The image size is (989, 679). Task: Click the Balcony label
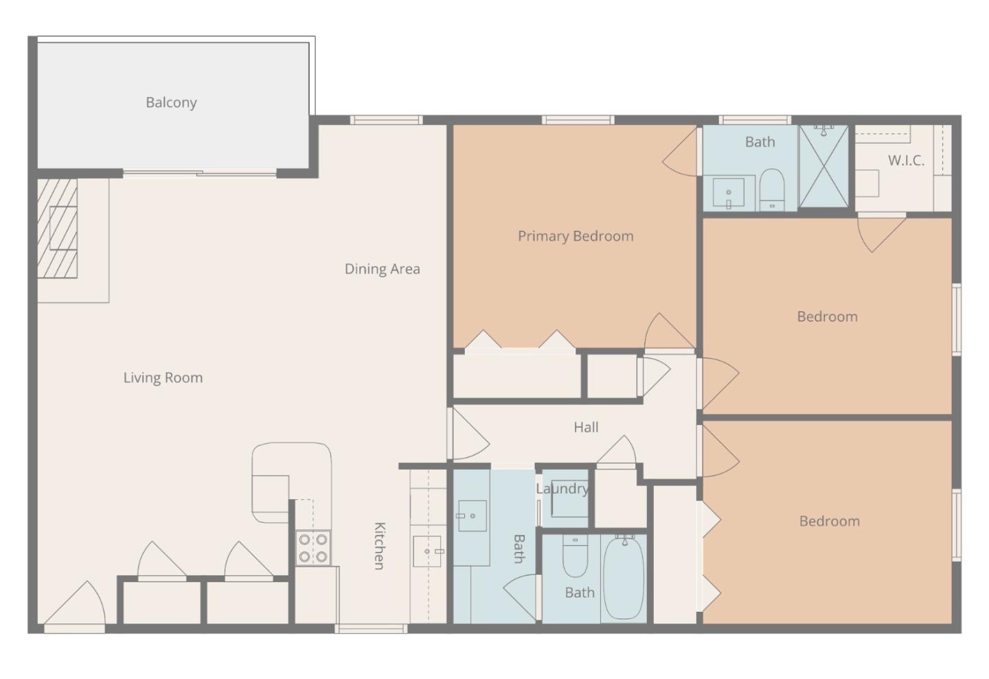[x=171, y=102]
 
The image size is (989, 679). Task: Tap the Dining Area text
[x=382, y=268]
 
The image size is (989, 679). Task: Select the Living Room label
[x=163, y=377]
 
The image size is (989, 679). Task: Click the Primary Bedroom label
[x=576, y=236]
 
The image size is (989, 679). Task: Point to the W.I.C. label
[x=906, y=161]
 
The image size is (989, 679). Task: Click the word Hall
[x=586, y=427]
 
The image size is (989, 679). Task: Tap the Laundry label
[x=562, y=488]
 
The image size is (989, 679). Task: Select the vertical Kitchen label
[x=379, y=546]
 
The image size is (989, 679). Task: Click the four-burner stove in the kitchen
[x=312, y=548]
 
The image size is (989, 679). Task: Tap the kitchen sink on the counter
[x=427, y=551]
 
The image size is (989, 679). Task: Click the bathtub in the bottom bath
[x=624, y=578]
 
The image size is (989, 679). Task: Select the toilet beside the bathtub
[x=575, y=556]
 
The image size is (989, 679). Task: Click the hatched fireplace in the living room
[x=58, y=229]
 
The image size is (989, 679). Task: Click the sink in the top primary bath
[x=729, y=192]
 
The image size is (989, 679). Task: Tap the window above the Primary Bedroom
[x=577, y=120]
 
